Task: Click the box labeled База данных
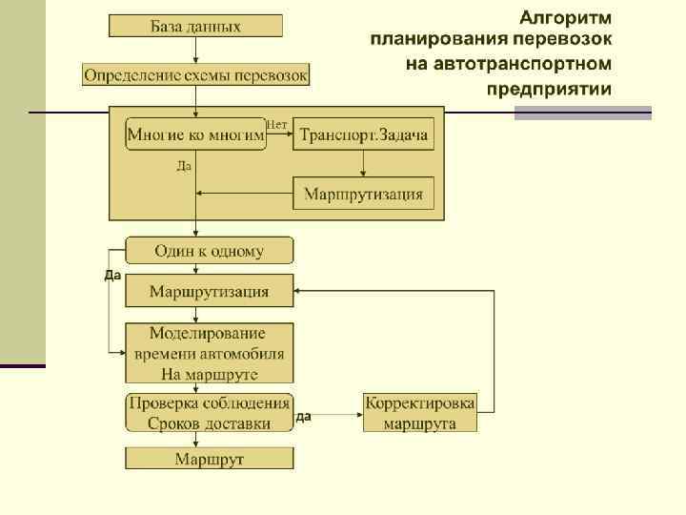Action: click(x=195, y=26)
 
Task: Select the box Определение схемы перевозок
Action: click(x=196, y=74)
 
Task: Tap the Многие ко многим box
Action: click(x=196, y=135)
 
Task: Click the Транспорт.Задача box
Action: click(x=364, y=135)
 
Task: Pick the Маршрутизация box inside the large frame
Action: click(x=363, y=195)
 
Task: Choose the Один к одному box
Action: click(x=210, y=251)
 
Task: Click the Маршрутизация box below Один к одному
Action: click(x=210, y=291)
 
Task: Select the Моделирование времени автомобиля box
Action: click(x=210, y=353)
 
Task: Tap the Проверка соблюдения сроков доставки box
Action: click(x=210, y=412)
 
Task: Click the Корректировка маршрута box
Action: click(x=419, y=412)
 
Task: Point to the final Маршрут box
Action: click(x=210, y=459)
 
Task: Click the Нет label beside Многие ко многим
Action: click(x=277, y=124)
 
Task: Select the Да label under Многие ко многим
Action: click(x=185, y=166)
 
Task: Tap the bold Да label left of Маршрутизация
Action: click(x=111, y=277)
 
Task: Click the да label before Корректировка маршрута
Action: click(x=304, y=417)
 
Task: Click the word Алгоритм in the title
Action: click(x=566, y=17)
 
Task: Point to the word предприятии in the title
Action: click(x=550, y=90)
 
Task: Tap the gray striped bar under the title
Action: click(x=583, y=113)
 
